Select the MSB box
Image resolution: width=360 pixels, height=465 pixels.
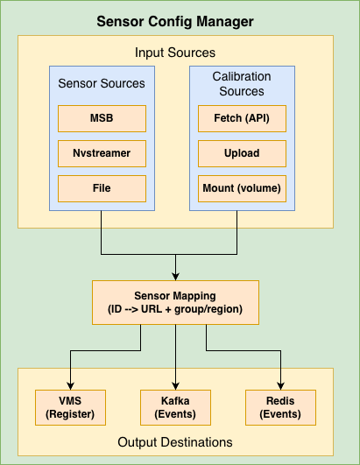point(102,117)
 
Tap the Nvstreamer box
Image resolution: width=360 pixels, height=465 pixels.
point(102,152)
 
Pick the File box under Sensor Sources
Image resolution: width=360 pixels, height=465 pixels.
point(102,187)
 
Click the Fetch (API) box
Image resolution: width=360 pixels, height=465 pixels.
point(242,117)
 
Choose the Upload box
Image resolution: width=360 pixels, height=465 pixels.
point(242,152)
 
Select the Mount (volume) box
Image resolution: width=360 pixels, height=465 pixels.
point(242,187)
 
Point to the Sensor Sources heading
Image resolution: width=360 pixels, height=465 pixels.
point(102,83)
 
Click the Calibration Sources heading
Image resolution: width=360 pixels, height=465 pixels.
point(242,84)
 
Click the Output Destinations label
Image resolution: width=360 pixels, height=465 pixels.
point(175,442)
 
